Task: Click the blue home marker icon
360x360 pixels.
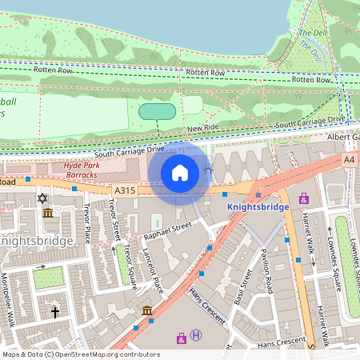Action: click(180, 173)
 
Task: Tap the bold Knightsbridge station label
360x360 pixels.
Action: click(258, 206)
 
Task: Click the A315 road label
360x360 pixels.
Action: click(125, 190)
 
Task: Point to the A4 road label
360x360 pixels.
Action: click(350, 160)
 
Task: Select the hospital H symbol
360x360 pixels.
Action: click(196, 338)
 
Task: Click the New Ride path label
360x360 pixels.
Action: click(203, 128)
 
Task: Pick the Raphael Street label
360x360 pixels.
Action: click(168, 231)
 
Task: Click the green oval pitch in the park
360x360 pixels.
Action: click(158, 111)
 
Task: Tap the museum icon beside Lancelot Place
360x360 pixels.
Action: click(147, 310)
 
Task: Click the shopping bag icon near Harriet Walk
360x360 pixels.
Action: click(303, 198)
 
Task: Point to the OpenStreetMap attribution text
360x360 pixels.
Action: click(81, 354)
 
